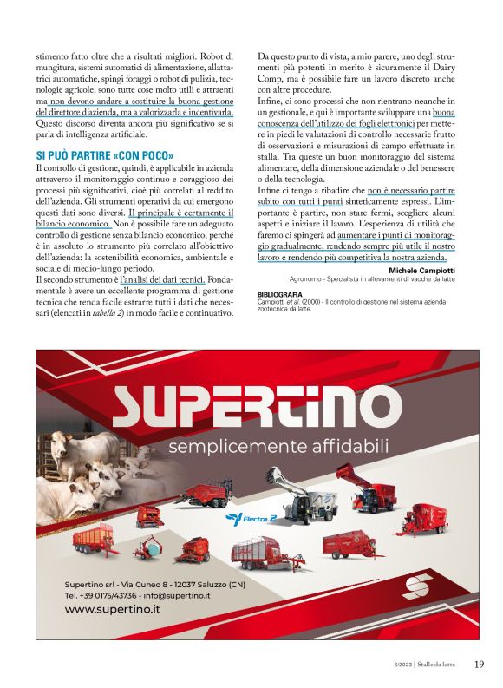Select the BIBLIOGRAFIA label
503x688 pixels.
(x=280, y=295)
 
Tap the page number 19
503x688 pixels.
(x=479, y=665)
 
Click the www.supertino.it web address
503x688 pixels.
(x=113, y=609)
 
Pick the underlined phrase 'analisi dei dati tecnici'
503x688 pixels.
(x=166, y=280)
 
